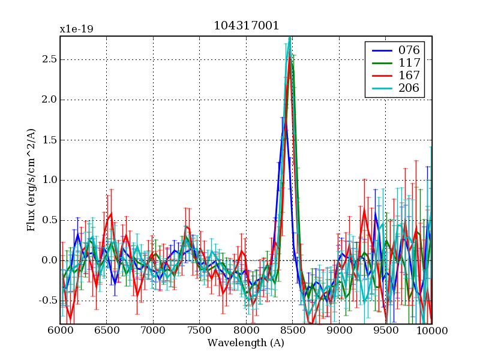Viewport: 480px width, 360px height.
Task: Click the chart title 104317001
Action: coord(246,25)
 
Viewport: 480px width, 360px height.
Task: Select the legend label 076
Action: coord(408,49)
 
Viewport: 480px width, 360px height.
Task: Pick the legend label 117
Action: coord(408,62)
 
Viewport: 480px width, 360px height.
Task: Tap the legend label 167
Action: coord(408,76)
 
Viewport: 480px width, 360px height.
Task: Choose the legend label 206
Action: coord(408,89)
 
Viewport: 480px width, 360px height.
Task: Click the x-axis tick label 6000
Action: coord(60,331)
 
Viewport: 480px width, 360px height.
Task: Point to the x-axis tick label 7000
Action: coord(153,331)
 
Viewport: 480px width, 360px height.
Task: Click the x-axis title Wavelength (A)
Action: coord(246,343)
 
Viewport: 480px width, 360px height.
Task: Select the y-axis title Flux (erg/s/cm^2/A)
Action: coord(31,180)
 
